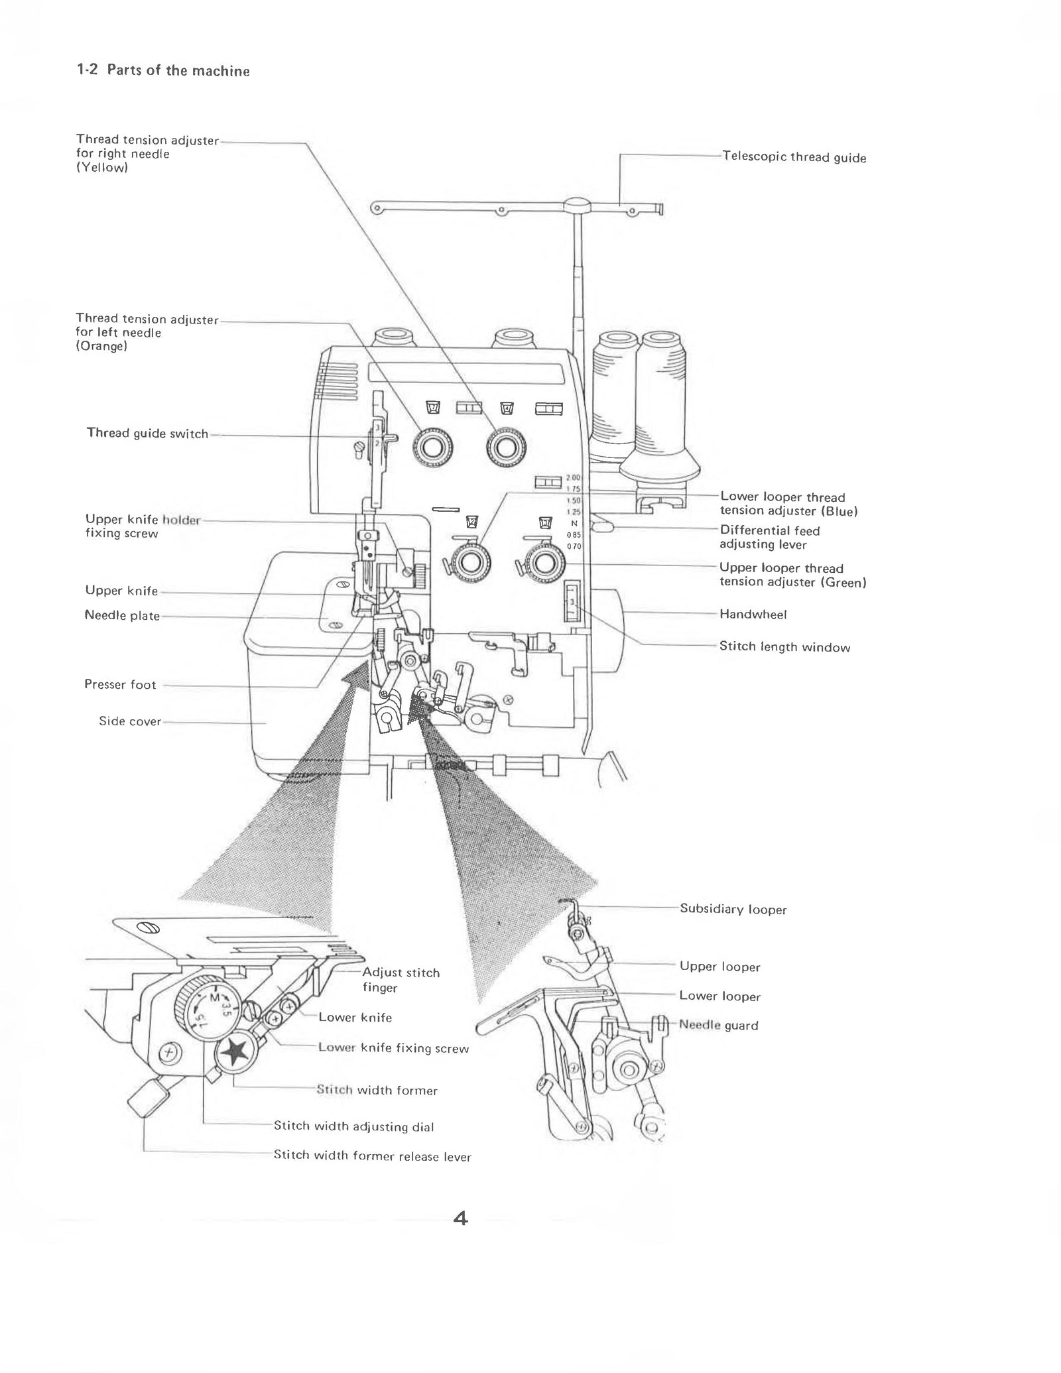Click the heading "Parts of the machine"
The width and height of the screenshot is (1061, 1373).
pos(178,71)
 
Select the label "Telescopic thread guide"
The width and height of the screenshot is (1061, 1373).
pos(794,157)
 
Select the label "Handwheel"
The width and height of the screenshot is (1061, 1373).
pos(753,615)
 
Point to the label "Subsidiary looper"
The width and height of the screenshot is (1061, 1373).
pos(733,910)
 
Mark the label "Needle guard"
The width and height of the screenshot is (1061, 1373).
pos(718,1025)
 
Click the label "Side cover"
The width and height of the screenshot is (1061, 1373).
pos(130,721)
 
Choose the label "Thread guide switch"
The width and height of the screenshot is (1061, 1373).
pos(147,434)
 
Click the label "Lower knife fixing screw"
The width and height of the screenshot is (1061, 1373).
pos(393,1048)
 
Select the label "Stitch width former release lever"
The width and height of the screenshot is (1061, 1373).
pos(372,1156)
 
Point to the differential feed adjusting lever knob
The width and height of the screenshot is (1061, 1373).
pos(603,527)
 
